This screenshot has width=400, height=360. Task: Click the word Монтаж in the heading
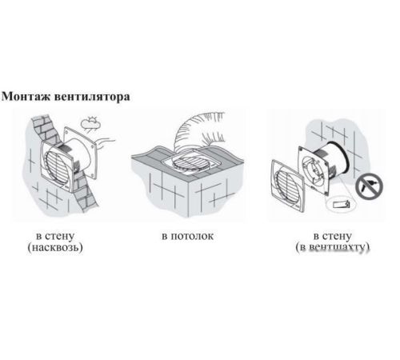click(x=26, y=97)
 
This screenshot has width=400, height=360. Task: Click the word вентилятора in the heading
click(x=92, y=97)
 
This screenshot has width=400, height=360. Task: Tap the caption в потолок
click(x=188, y=236)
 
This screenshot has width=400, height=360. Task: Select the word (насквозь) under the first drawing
click(x=55, y=247)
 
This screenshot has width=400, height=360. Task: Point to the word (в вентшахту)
click(x=332, y=247)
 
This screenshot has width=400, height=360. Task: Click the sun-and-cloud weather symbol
click(x=90, y=123)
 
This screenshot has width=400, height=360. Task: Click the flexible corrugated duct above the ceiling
click(x=198, y=130)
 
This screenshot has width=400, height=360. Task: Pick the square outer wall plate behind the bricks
click(x=80, y=152)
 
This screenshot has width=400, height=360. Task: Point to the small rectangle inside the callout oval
click(x=341, y=205)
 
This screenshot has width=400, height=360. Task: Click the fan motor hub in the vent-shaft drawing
click(x=315, y=170)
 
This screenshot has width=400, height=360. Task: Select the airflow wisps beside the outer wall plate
click(x=106, y=142)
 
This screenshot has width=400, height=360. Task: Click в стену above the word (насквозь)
click(x=55, y=236)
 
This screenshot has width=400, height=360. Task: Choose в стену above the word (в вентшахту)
click(x=332, y=236)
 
